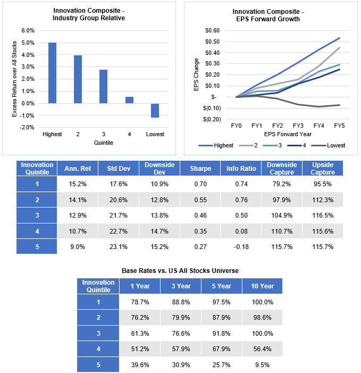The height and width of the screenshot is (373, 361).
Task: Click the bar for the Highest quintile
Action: (52, 73)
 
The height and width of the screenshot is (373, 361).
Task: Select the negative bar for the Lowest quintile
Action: (155, 110)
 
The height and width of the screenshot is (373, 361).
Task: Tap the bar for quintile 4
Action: (129, 100)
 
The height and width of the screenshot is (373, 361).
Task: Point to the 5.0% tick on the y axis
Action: (27, 43)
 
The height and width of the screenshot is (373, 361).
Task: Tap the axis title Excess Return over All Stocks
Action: (15, 79)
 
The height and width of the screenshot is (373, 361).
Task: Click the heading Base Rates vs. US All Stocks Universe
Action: (180, 271)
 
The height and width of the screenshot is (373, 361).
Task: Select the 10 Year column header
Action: (262, 286)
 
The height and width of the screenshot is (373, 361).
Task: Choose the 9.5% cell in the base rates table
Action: (262, 364)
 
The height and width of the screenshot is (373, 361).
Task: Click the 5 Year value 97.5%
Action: (222, 302)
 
